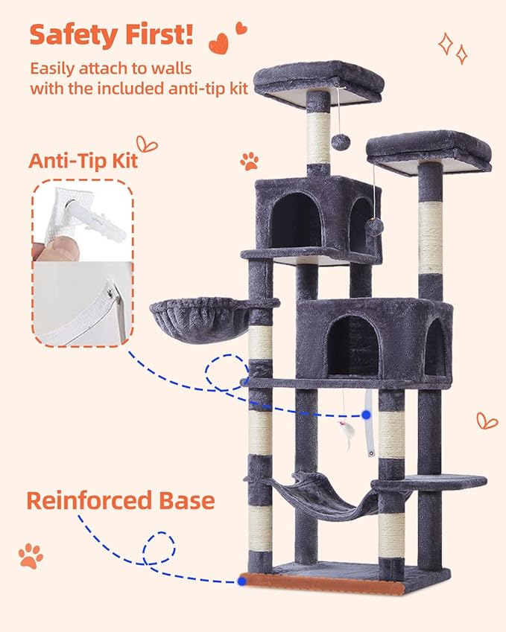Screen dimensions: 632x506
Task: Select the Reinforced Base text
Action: coord(120,499)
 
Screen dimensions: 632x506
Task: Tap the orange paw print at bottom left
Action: coord(31,555)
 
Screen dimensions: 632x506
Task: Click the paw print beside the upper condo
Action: coord(250,161)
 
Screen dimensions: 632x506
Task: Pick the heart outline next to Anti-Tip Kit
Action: coord(148,144)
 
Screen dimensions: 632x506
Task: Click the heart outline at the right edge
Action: coord(487,420)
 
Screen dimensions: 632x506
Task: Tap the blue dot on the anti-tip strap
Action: coord(367,414)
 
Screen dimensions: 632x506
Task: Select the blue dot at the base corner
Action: coord(241,581)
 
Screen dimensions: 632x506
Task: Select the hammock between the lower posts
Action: coord(320,495)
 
